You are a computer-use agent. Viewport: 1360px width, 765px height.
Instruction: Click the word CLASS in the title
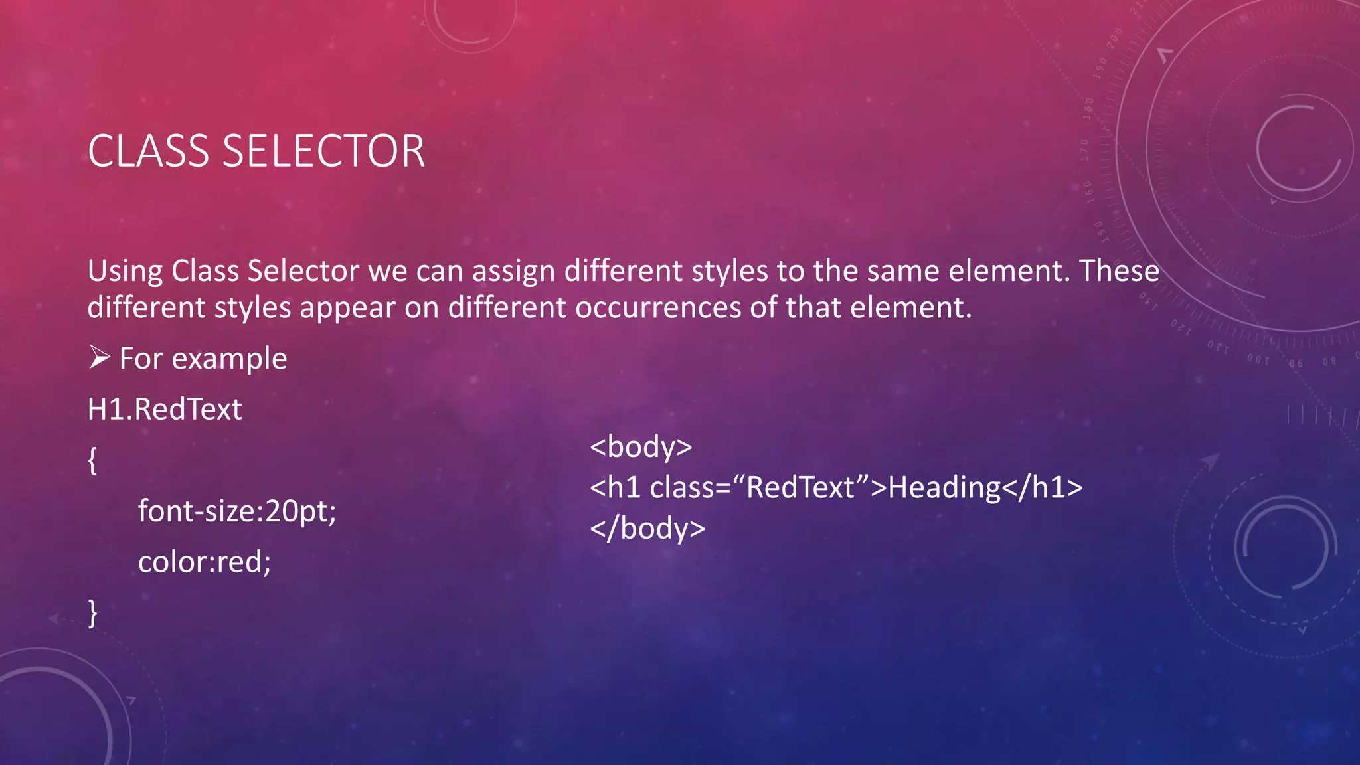tap(148, 151)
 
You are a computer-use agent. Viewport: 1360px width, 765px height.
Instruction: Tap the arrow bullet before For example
tap(100, 358)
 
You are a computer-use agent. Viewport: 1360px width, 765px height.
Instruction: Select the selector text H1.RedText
tap(165, 409)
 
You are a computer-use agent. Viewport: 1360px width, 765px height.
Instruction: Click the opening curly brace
tap(92, 460)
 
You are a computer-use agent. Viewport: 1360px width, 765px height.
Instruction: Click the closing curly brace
tap(92, 613)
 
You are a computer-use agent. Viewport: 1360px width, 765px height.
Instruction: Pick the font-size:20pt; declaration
tap(237, 511)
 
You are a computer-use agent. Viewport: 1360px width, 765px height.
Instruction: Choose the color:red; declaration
tap(205, 562)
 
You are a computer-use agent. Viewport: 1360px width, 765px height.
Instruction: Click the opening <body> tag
tap(641, 446)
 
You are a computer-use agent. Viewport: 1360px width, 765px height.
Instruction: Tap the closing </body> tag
tap(647, 529)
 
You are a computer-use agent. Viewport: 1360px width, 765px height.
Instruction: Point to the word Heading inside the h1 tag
tap(944, 487)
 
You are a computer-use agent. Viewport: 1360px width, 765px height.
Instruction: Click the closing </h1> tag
tap(1042, 487)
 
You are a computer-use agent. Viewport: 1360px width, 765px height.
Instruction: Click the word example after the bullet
tap(229, 359)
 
